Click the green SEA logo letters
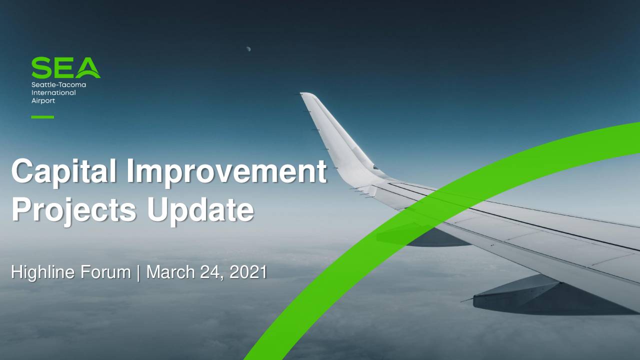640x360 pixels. tap(66, 67)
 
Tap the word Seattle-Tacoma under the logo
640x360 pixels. tap(58, 85)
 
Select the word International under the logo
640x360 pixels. tap(53, 93)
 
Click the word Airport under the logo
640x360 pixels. tap(43, 101)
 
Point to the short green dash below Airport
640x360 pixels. tap(42, 117)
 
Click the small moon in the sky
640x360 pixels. tap(248, 49)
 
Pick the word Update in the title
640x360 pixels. tap(200, 210)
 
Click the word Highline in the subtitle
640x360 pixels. tap(43, 272)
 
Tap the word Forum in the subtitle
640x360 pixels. tap(105, 271)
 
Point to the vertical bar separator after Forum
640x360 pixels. tap(138, 273)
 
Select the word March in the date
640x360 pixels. tap(171, 271)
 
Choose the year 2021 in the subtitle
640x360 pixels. tap(248, 272)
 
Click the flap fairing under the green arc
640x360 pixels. tap(423, 235)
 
